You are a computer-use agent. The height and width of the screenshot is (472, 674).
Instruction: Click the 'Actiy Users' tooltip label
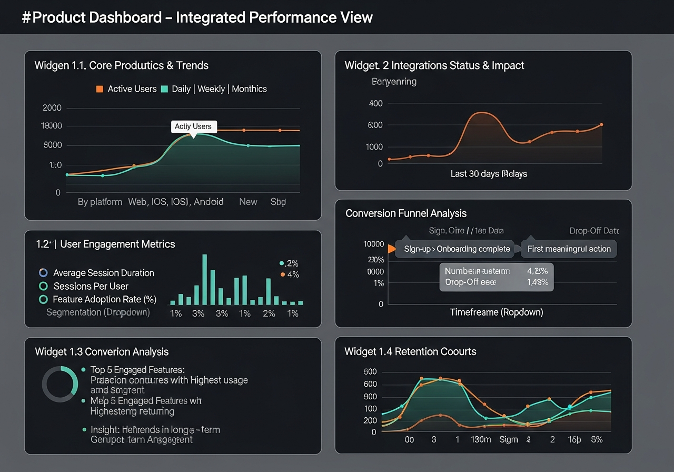point(193,126)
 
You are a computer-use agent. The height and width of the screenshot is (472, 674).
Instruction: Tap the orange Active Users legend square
point(100,89)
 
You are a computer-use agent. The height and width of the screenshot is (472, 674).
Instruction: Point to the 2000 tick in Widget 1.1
point(52,108)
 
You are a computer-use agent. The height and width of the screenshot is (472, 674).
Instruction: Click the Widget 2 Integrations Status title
point(434,65)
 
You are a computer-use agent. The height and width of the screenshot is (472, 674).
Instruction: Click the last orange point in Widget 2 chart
point(601,125)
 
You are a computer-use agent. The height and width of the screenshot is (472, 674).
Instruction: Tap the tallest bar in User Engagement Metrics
point(204,280)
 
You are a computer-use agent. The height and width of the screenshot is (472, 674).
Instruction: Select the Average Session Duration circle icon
point(44,273)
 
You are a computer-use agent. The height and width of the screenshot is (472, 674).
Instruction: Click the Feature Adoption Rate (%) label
point(105,299)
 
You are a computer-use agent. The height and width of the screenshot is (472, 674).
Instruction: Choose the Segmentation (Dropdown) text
point(98,312)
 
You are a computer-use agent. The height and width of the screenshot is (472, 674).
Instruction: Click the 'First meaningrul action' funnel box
point(569,249)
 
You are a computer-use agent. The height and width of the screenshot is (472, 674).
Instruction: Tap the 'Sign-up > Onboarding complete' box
point(457,249)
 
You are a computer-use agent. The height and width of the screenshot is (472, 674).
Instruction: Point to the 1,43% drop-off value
point(537,282)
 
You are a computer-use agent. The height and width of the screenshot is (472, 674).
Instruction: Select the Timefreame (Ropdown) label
point(496,312)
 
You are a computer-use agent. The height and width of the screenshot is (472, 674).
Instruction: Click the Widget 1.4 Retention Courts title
point(410,351)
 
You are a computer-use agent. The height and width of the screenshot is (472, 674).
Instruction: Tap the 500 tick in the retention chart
point(370,372)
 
